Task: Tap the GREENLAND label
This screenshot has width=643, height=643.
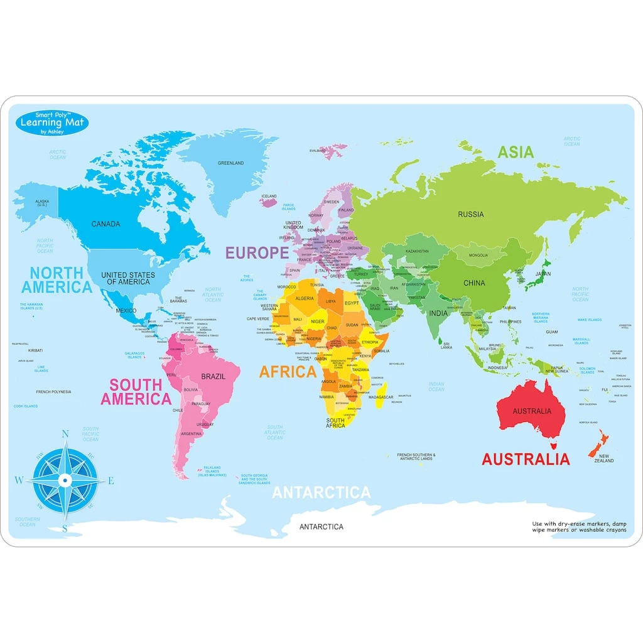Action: point(230,163)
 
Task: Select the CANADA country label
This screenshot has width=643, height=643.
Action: point(105,224)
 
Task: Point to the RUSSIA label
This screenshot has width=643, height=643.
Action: point(470,215)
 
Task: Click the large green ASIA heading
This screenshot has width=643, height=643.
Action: point(516,152)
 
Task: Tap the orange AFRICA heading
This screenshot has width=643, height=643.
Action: point(288,372)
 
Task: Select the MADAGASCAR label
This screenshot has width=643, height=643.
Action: point(381,397)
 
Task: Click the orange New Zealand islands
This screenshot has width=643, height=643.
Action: point(597,443)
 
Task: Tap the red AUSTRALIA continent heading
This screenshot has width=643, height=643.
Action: point(526,459)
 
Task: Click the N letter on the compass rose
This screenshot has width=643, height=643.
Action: point(65,433)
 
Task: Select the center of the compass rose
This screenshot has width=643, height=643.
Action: point(64,481)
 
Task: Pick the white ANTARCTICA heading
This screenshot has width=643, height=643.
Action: point(321,493)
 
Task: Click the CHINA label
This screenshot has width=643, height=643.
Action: point(474,283)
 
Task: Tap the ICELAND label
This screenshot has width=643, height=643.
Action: point(269,196)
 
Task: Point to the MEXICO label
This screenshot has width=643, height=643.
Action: point(126,311)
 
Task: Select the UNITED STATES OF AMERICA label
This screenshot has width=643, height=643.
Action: point(128,279)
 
